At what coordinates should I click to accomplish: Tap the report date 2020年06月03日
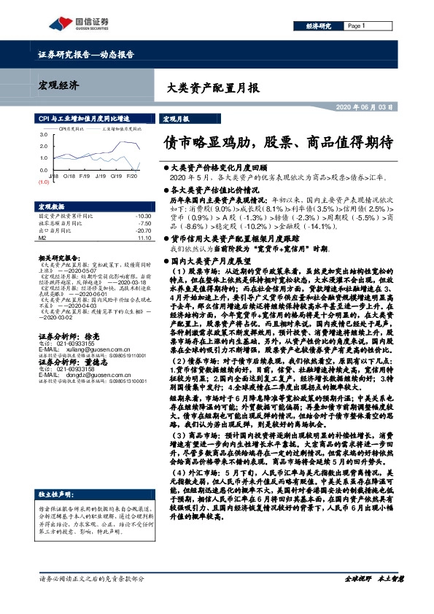(366, 106)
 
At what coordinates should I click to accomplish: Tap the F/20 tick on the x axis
(132, 176)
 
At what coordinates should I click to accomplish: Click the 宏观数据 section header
(52, 206)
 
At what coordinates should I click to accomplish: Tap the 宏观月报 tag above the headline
(175, 117)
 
